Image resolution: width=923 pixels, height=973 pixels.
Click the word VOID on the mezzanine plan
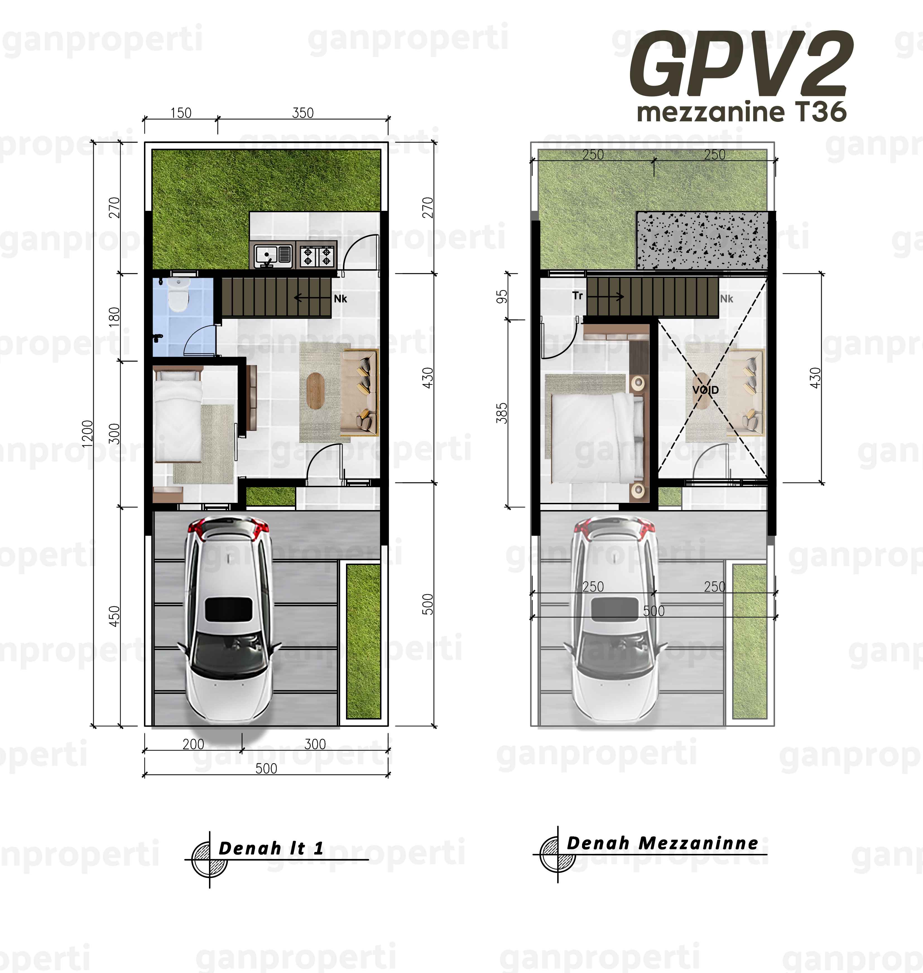(706, 390)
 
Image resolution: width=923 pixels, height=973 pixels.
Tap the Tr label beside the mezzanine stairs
(578, 296)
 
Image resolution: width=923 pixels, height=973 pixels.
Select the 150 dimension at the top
(181, 113)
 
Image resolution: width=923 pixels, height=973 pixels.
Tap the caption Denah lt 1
(271, 848)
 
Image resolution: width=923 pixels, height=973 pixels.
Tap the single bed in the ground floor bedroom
(178, 417)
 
